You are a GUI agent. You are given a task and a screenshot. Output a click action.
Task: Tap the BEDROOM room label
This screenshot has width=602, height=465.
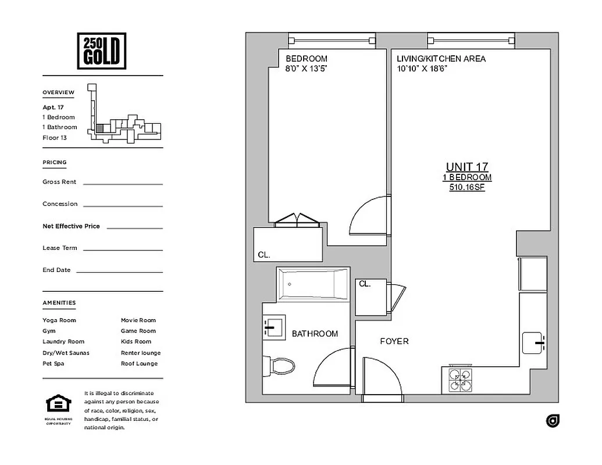coord(306,59)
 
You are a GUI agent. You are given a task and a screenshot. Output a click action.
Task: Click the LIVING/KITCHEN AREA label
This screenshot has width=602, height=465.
coord(441,59)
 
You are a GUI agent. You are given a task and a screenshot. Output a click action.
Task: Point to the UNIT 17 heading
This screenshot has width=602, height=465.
coord(467,167)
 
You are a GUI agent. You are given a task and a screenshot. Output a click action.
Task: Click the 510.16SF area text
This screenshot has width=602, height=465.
coord(467,188)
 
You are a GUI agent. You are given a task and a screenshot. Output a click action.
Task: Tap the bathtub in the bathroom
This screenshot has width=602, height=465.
coord(313,284)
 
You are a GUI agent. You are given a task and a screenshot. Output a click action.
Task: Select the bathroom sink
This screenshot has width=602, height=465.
coord(273,327)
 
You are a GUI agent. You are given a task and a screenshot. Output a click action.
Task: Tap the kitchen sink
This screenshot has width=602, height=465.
coord(533,342)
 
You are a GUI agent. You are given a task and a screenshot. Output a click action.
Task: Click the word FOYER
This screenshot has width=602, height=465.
coord(394,341)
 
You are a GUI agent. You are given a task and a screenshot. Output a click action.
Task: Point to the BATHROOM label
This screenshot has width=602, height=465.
coord(315,334)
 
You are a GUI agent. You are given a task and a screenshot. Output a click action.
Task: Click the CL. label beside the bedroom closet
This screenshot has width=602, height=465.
coord(264,255)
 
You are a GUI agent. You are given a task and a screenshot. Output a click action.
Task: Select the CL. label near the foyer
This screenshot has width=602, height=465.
coord(365,284)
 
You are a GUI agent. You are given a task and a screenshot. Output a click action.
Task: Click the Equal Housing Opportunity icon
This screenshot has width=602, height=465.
coord(58,404)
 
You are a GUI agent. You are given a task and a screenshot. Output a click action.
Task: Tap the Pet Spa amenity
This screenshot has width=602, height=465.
coord(54,363)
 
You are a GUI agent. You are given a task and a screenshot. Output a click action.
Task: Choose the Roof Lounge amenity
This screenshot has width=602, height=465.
coord(139,363)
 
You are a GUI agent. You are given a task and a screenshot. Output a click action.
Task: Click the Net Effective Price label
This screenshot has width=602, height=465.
coord(71,226)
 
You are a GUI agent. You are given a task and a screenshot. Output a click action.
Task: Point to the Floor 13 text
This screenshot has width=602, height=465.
coord(55,138)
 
